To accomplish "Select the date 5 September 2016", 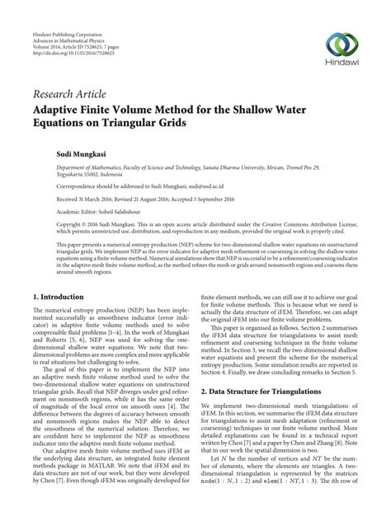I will [x=213, y=199].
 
